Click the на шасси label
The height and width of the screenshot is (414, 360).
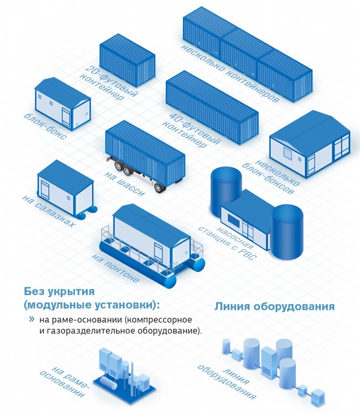click(124, 184)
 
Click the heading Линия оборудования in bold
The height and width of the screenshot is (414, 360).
click(275, 306)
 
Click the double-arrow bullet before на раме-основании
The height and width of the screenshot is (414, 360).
click(32, 319)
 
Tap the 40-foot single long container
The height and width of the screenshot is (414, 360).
click(212, 107)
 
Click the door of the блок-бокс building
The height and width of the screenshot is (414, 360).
click(66, 116)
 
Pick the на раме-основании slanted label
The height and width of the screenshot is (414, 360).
click(65, 382)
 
